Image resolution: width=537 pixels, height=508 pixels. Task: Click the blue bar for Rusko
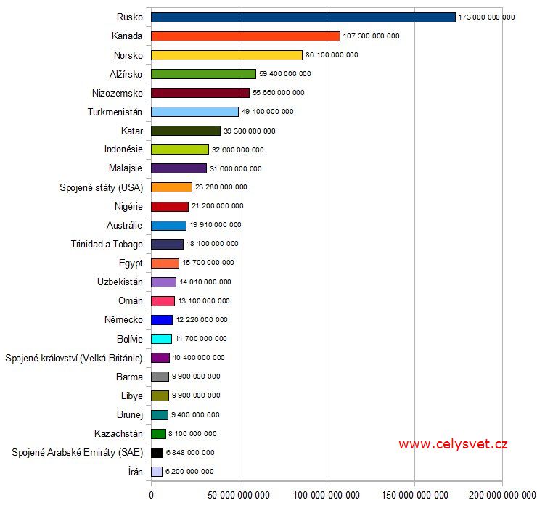point(303,17)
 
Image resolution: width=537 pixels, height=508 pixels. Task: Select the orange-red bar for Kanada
point(245,36)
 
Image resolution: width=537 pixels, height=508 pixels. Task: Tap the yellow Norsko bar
point(226,54)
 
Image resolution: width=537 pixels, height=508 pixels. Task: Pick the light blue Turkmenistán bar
point(194,112)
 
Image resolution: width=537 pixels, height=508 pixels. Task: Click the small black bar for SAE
point(157,452)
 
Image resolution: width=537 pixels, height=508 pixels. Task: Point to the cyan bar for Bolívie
point(161,339)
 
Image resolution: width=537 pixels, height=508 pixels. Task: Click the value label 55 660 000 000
point(279,93)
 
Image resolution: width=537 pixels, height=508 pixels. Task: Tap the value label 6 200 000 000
point(189,472)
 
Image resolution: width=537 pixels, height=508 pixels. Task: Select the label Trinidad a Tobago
point(107,244)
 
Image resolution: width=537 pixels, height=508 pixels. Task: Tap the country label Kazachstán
point(118,433)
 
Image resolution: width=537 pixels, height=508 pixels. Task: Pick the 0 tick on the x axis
point(151,495)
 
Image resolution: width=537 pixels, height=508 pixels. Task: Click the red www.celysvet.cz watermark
point(453,444)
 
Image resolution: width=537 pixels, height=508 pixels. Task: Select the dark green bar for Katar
point(186,131)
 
